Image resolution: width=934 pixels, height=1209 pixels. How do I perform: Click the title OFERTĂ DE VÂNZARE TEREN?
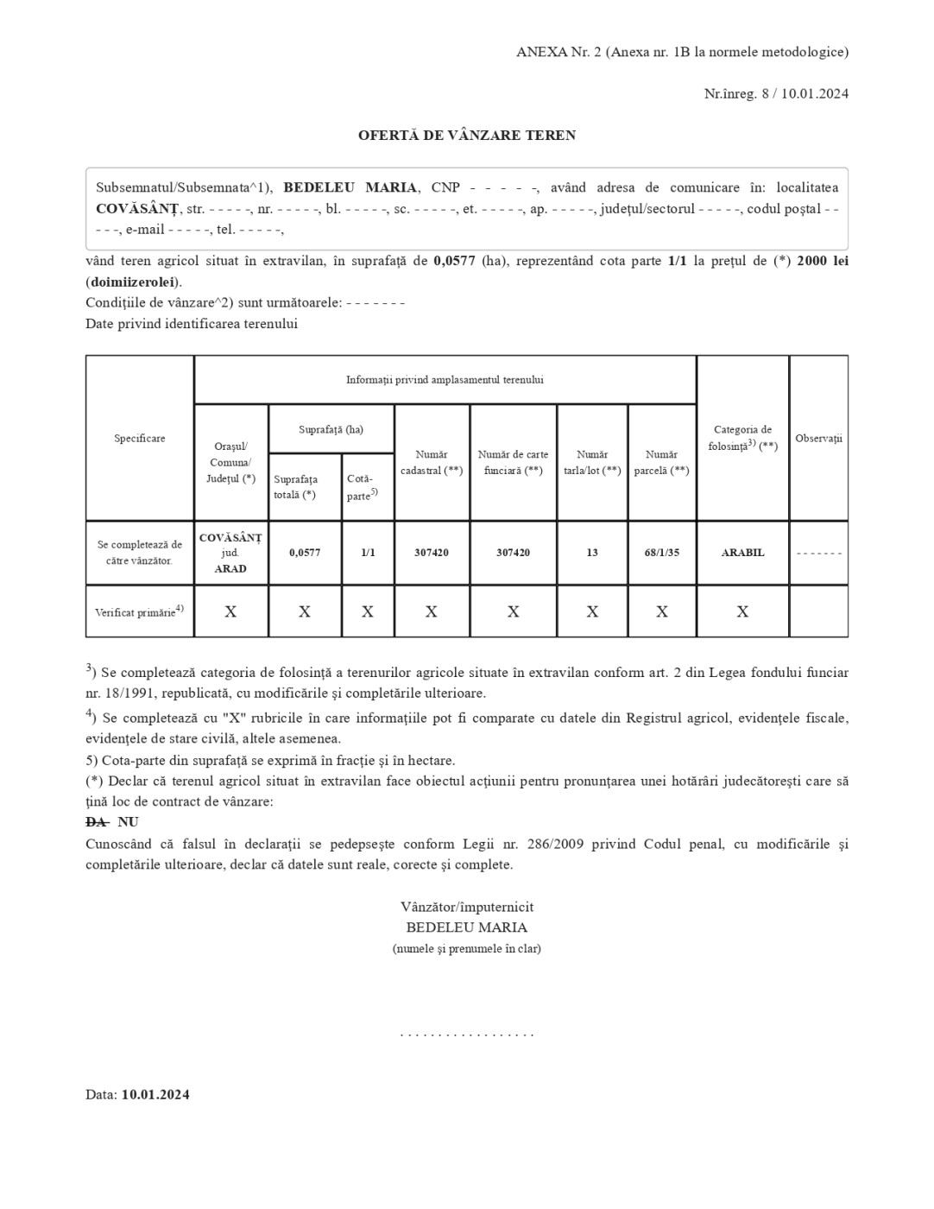tap(467, 136)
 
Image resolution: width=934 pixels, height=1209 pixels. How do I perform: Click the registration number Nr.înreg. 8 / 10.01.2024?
tap(776, 93)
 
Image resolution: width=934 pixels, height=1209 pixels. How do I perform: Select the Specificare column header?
tap(140, 439)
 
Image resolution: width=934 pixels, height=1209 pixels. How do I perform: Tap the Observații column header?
tap(818, 439)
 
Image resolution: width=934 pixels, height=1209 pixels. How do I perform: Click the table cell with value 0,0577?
tap(305, 553)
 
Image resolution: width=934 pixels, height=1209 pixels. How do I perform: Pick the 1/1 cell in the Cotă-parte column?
tap(368, 553)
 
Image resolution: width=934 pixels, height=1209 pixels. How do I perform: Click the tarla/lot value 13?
tap(592, 553)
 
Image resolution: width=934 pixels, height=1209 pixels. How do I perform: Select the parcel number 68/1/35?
tap(661, 553)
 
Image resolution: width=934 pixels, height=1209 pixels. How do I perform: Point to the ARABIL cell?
tap(742, 553)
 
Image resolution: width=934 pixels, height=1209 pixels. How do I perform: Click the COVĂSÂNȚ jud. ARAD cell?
tap(230, 553)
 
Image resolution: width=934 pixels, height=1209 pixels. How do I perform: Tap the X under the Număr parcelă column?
tap(661, 611)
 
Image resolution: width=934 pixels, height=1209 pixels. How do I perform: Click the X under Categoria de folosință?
tap(742, 611)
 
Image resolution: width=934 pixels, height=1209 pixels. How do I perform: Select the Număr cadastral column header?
tap(432, 463)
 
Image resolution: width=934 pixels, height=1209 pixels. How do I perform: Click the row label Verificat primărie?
tap(139, 611)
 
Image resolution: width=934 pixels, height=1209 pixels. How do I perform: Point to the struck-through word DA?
tap(96, 822)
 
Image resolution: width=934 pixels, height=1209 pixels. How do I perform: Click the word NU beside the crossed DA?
tap(128, 822)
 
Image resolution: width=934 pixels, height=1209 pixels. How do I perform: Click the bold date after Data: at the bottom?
tap(155, 1095)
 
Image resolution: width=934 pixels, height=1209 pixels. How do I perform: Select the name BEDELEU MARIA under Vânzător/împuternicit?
tap(467, 927)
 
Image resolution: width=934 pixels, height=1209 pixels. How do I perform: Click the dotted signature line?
tap(467, 1034)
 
